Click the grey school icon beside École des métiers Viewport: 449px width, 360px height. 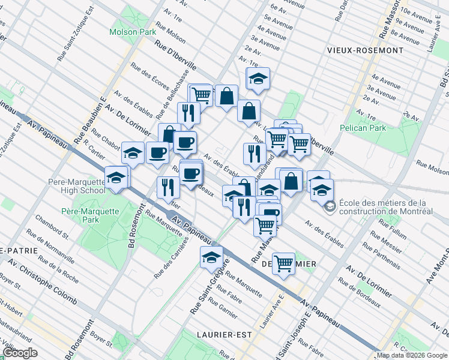330,207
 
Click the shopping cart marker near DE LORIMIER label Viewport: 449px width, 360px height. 283,262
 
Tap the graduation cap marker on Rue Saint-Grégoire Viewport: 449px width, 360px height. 211,257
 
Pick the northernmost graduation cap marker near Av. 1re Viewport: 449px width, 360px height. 258,78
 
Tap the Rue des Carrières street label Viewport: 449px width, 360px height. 170,258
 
